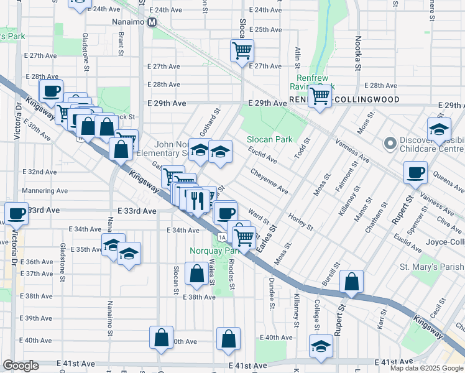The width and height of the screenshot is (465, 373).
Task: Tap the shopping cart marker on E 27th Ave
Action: (x=241, y=50)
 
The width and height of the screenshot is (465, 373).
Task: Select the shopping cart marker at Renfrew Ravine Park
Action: (x=320, y=96)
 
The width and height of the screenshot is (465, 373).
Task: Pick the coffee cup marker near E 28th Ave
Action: (x=51, y=91)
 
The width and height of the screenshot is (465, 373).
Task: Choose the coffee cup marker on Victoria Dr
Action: (x=17, y=213)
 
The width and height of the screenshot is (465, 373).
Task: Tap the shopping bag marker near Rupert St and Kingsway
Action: (x=352, y=281)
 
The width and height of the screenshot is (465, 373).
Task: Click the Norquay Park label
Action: (x=207, y=251)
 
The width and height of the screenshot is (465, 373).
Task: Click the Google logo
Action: (x=21, y=366)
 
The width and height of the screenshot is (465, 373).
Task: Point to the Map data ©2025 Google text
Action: (x=426, y=368)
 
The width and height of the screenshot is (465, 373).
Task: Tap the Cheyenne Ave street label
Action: (x=269, y=180)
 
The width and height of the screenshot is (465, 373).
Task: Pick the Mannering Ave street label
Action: (x=44, y=191)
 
